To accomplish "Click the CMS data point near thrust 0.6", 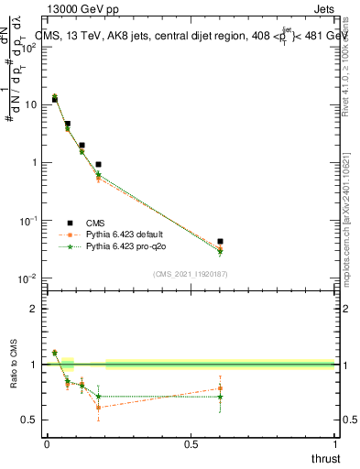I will coord(220,242).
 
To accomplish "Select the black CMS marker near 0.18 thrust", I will coord(98,165).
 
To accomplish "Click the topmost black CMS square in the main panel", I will coord(55,99).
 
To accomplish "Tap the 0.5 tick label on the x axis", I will coord(191,444).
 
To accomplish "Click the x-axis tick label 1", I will coord(334,444).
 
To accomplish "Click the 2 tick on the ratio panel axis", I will coord(35,309).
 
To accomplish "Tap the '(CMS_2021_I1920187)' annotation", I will coord(190,273).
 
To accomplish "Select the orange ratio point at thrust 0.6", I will coord(220,388).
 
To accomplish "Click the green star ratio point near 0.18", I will coord(98,397).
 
